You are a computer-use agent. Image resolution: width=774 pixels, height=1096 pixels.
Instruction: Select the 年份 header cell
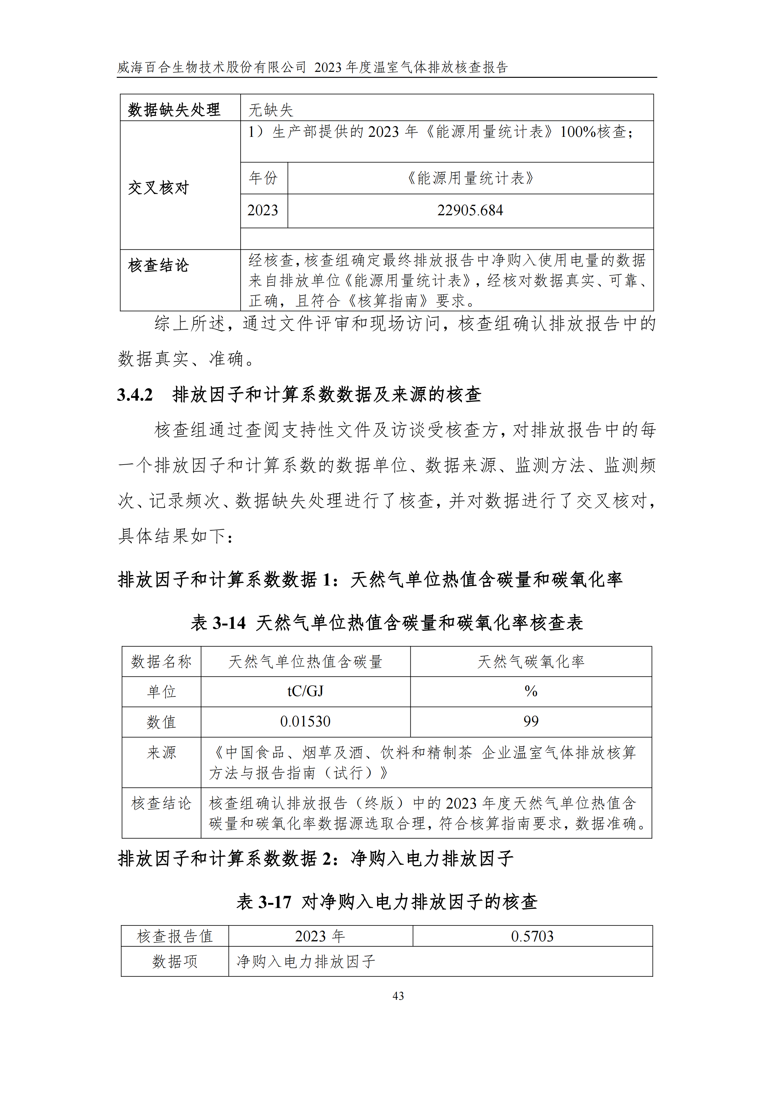(263, 178)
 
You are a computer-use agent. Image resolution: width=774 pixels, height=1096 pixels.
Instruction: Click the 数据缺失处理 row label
(174, 110)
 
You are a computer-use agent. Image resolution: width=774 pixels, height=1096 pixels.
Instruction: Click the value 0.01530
(305, 721)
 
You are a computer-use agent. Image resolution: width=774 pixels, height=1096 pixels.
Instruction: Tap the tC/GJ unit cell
(305, 691)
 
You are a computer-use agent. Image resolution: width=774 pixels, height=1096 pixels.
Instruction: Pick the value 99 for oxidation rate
(531, 721)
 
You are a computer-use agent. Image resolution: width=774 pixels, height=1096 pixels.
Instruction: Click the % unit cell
(531, 691)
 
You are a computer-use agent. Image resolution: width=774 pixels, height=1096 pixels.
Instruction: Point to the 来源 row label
(161, 753)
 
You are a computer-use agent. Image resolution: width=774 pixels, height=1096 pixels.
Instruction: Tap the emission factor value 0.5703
(532, 936)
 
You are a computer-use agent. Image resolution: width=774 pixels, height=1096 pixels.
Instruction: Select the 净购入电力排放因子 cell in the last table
(306, 961)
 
